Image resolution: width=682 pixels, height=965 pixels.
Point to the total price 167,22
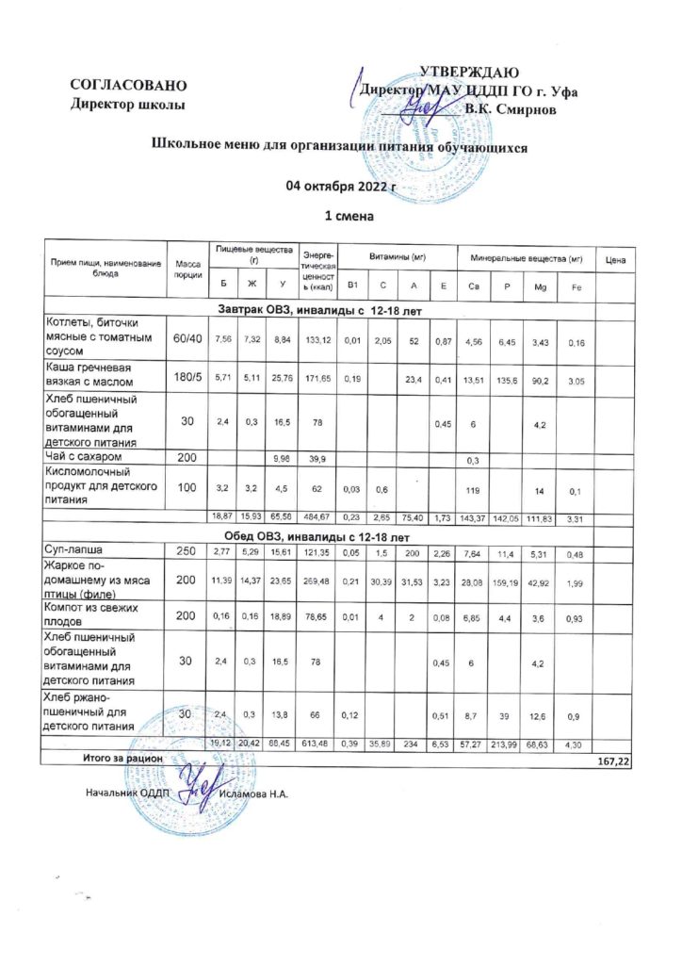coord(613,760)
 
